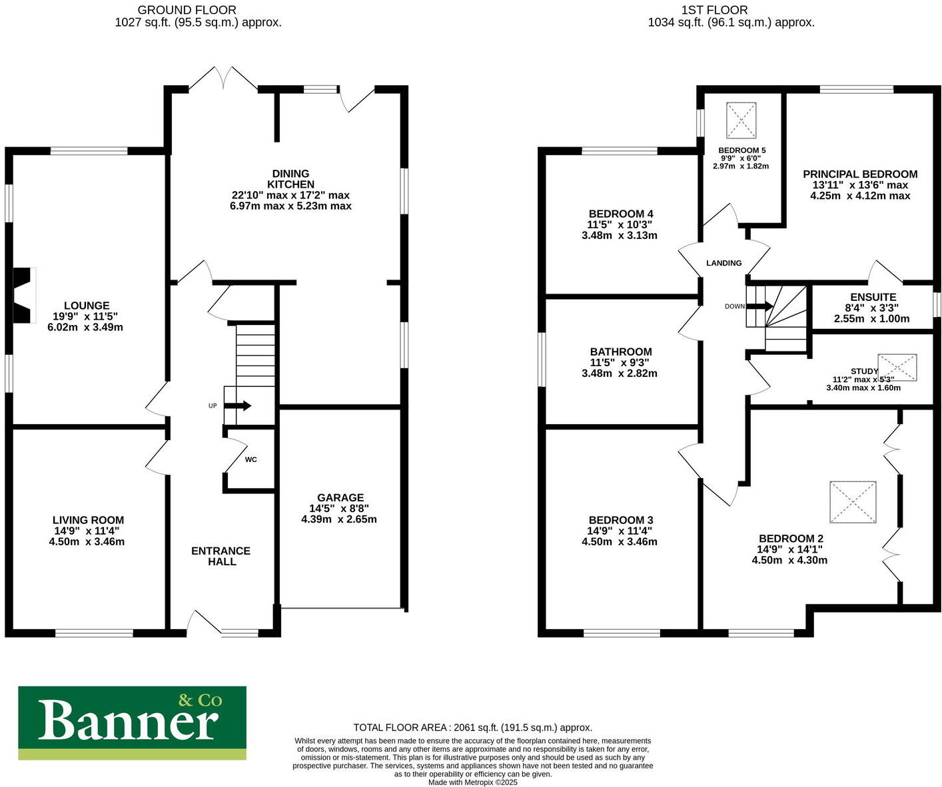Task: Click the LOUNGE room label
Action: click(87, 306)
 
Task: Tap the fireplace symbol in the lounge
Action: click(24, 296)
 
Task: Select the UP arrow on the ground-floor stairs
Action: click(238, 405)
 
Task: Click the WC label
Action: click(250, 459)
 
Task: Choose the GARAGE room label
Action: click(340, 497)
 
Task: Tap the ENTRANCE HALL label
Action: click(221, 556)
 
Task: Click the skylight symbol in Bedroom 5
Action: click(741, 120)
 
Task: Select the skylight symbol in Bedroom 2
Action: click(853, 502)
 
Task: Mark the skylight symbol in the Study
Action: click(897, 368)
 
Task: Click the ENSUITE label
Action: click(873, 297)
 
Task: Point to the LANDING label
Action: click(723, 263)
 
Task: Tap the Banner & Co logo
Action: click(132, 722)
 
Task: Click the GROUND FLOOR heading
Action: click(187, 10)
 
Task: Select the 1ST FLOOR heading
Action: click(714, 10)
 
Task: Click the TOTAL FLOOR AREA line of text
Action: click(472, 728)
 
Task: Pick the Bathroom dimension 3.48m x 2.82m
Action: click(620, 374)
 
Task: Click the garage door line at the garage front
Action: click(341, 607)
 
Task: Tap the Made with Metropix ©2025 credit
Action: click(472, 782)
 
